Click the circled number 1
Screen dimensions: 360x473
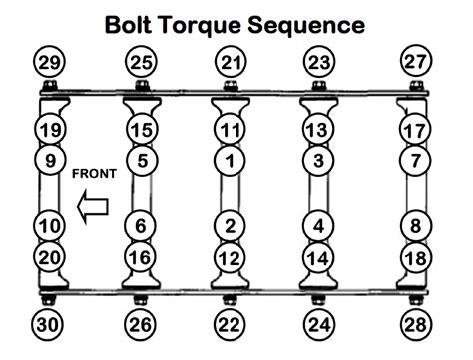(x=231, y=159)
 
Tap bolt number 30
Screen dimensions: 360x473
(x=48, y=324)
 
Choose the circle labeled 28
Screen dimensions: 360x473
(x=415, y=324)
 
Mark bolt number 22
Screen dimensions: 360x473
(x=231, y=324)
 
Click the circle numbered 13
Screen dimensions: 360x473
(x=318, y=130)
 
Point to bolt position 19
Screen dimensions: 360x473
(x=48, y=130)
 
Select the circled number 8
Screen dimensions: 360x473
(x=415, y=226)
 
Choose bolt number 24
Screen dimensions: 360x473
(x=318, y=324)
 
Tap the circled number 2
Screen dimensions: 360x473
(x=231, y=226)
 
